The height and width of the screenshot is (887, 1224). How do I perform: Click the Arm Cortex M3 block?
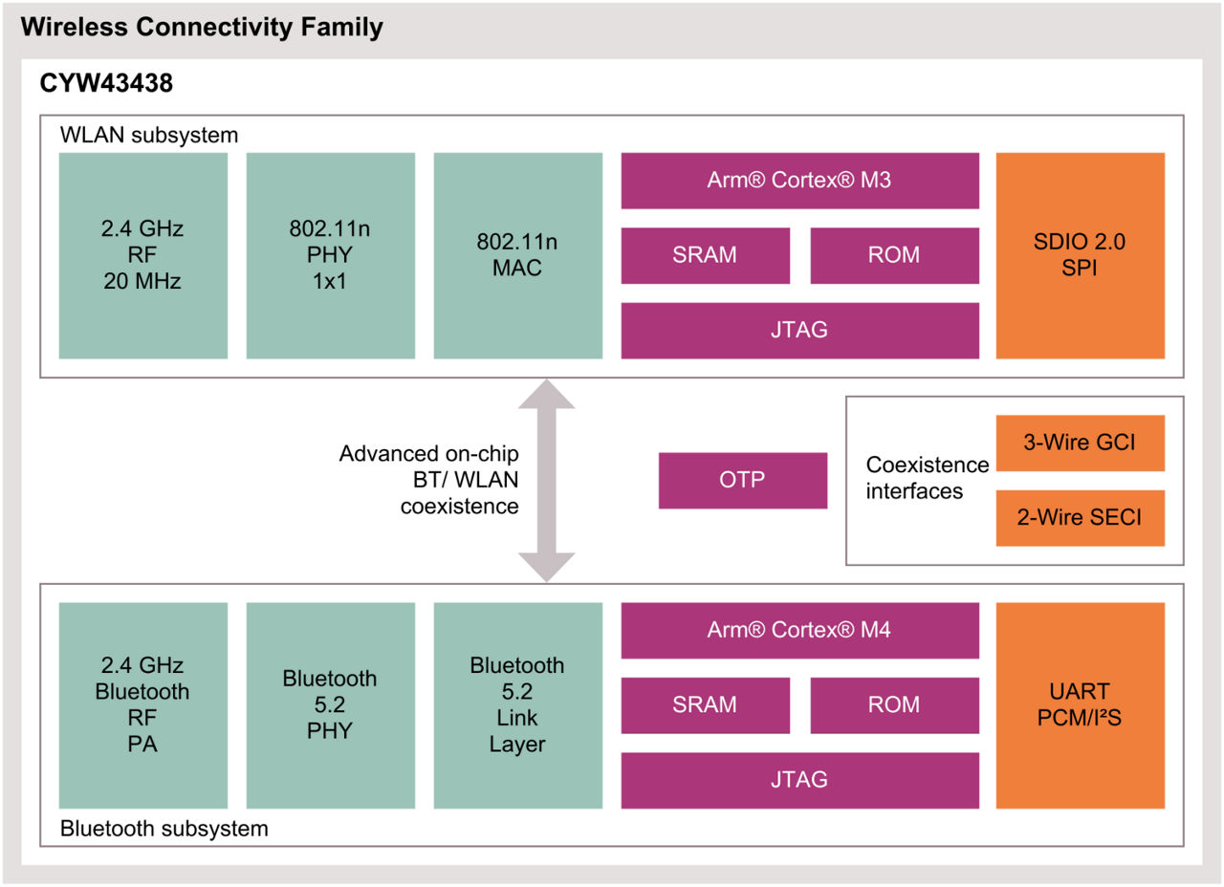[799, 180]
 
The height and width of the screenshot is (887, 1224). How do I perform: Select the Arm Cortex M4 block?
[799, 630]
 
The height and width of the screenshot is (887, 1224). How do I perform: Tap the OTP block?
[742, 480]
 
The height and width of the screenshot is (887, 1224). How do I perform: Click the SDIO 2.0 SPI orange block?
[1080, 255]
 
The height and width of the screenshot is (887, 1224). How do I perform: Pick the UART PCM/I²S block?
[1080, 704]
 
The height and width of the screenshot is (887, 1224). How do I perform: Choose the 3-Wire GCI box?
[1080, 443]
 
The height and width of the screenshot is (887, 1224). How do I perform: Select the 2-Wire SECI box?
[1080, 518]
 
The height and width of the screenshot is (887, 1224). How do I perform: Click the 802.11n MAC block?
[517, 255]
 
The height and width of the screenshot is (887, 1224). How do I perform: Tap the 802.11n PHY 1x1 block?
[330, 255]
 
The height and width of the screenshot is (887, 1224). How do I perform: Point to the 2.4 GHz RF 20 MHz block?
[142, 255]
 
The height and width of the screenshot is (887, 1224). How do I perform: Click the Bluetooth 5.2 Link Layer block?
[517, 704]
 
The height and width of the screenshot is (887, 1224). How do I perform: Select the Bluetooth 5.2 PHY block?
[330, 704]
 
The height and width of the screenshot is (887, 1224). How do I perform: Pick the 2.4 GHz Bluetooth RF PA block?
[142, 704]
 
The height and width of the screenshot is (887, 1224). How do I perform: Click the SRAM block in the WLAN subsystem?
[705, 255]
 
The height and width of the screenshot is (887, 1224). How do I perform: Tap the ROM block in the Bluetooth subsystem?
[894, 704]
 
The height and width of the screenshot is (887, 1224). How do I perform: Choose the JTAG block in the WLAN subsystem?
[799, 331]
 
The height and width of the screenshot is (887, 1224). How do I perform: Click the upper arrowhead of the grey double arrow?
[546, 395]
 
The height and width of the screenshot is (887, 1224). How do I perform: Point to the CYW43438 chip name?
[106, 84]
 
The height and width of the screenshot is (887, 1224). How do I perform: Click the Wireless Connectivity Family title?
[202, 27]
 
